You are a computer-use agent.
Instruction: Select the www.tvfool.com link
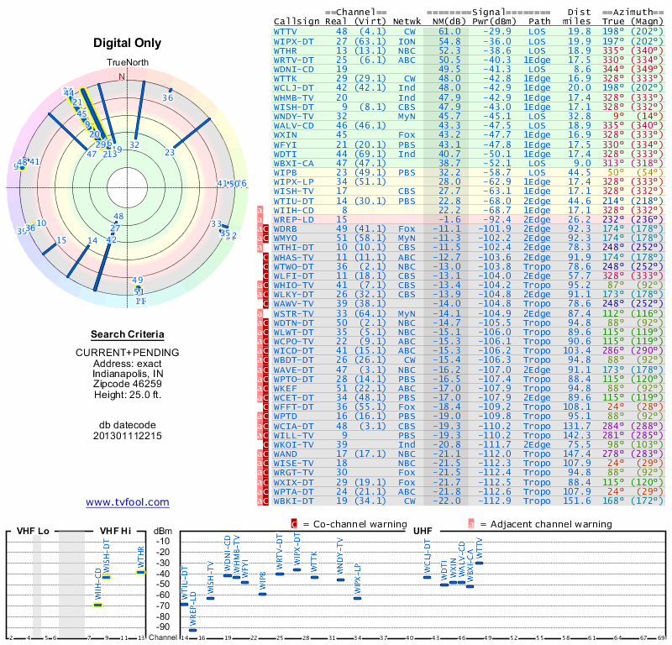[x=128, y=502]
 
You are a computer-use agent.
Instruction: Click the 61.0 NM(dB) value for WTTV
[x=449, y=30]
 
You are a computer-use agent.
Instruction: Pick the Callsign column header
[x=297, y=20]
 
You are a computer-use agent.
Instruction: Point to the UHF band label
[x=423, y=531]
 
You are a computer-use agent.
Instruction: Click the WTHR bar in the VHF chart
[x=141, y=572]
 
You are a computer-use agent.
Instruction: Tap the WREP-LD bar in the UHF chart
[x=193, y=629]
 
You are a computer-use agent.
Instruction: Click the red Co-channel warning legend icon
[x=294, y=523]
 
